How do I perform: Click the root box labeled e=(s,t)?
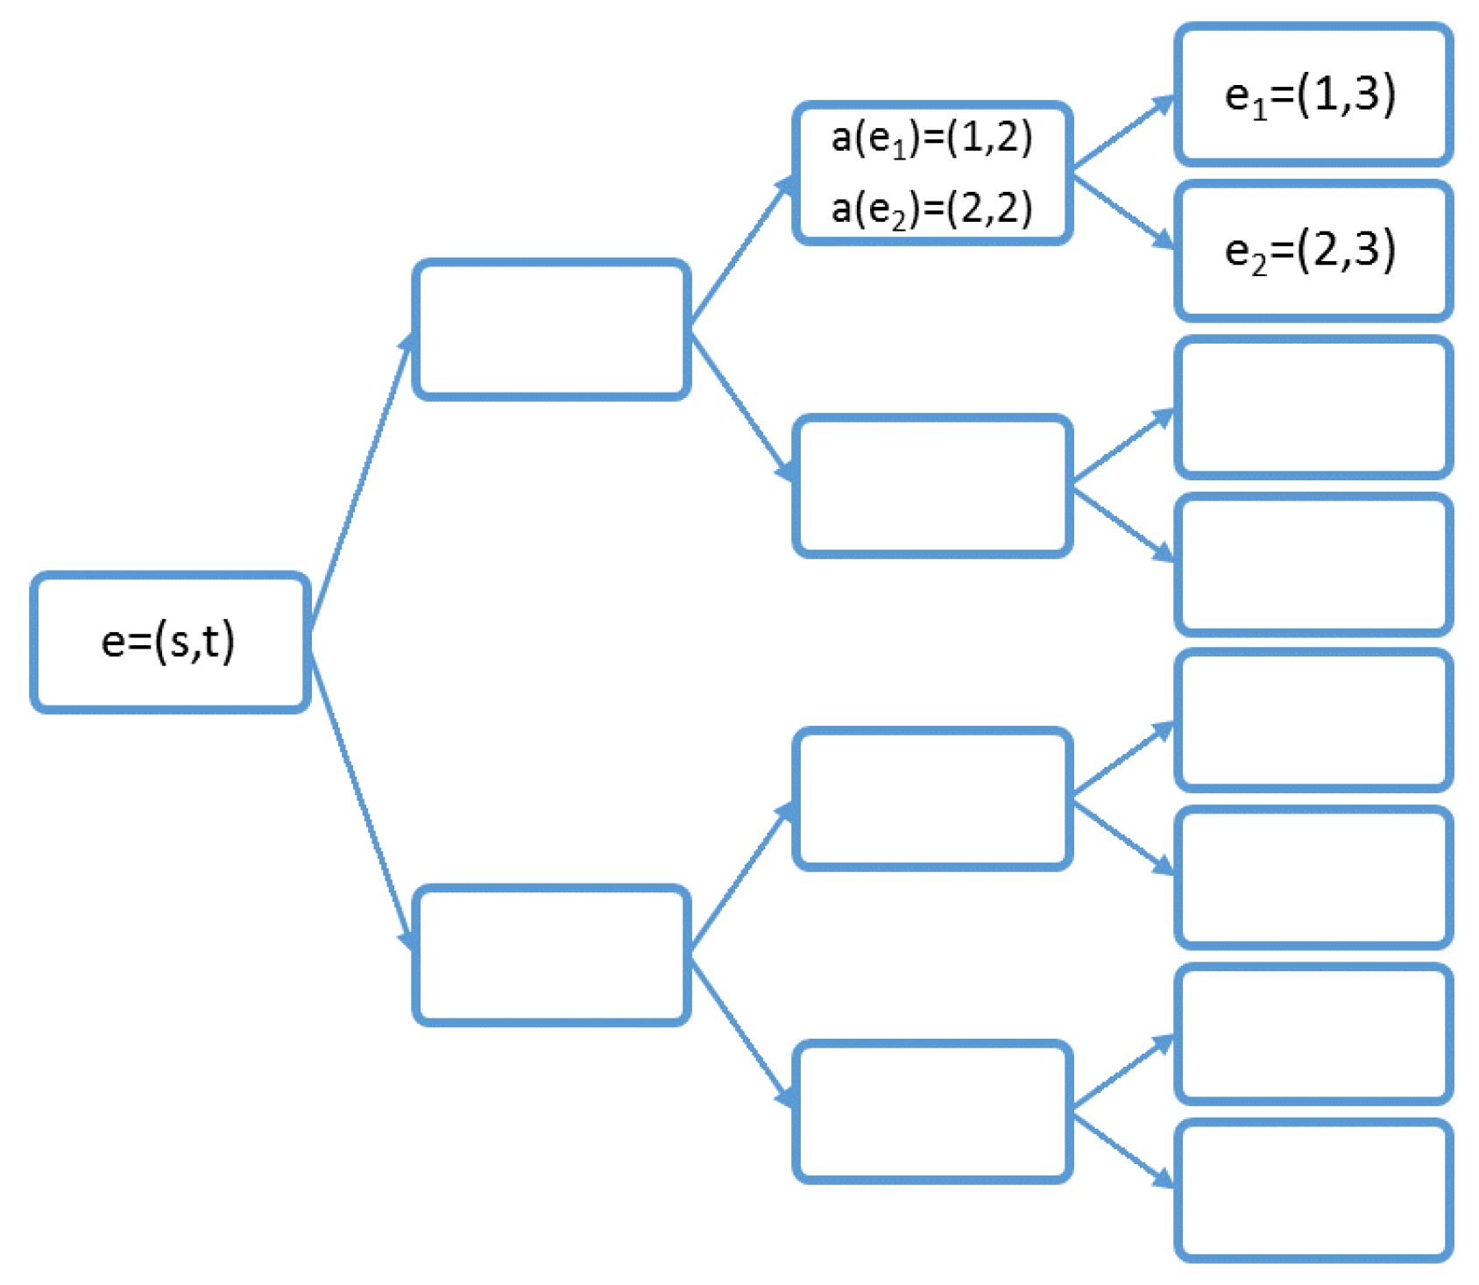click(170, 642)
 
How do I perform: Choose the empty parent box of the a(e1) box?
click(551, 330)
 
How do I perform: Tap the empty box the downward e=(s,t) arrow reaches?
click(551, 955)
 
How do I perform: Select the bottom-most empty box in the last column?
click(1313, 1190)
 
